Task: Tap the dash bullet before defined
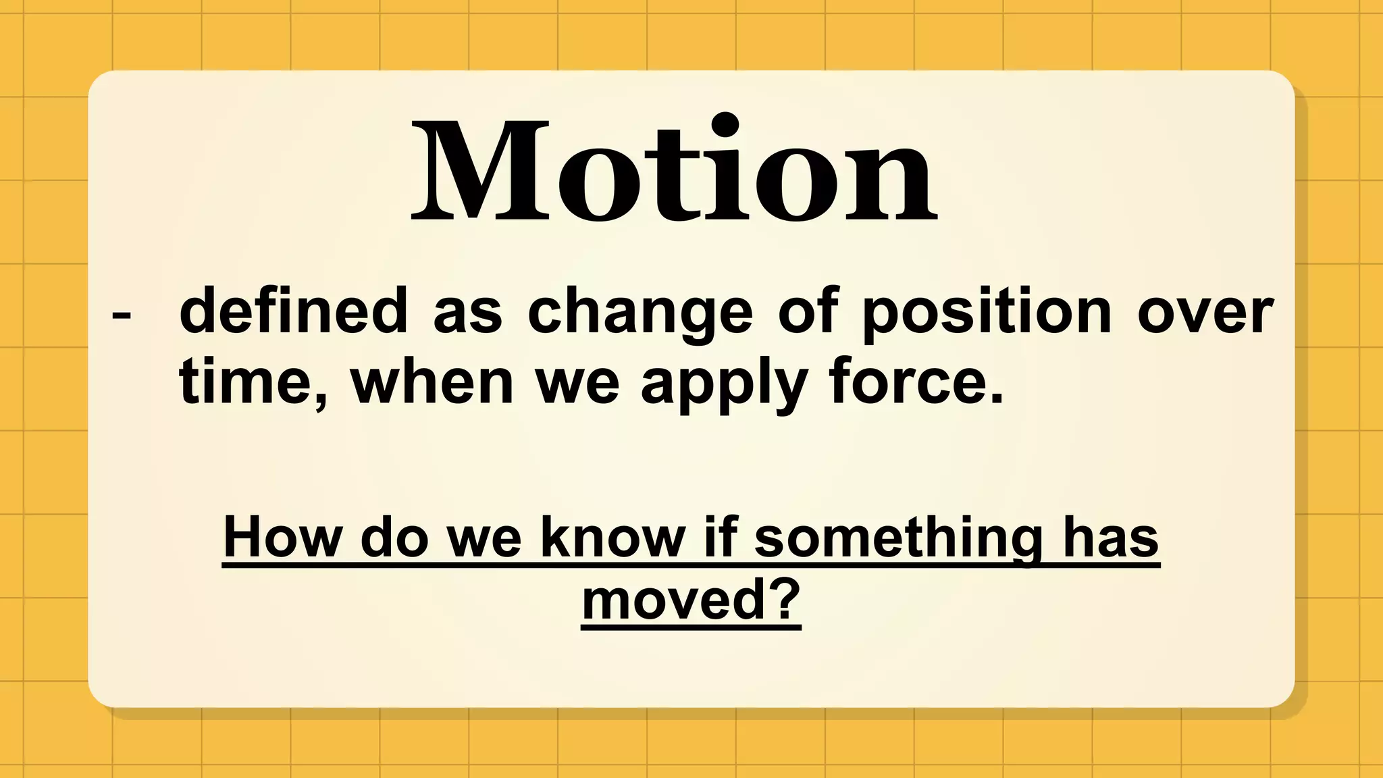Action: (x=122, y=315)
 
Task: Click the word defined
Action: (x=293, y=311)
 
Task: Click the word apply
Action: (x=724, y=384)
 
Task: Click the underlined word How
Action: (x=282, y=538)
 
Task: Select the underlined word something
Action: (x=898, y=538)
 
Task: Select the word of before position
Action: (x=808, y=311)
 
